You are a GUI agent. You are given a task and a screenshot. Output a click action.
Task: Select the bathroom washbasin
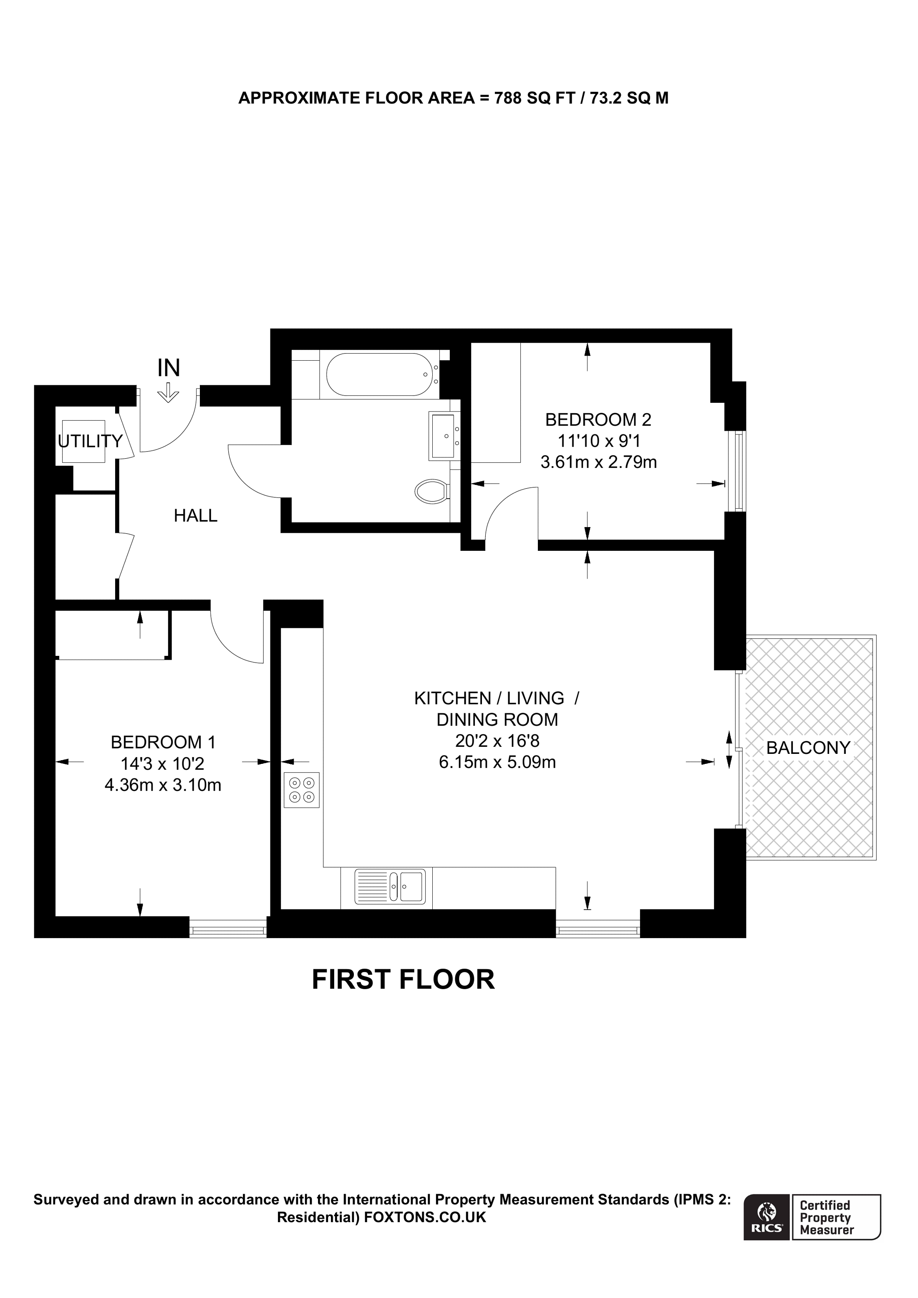coord(444,436)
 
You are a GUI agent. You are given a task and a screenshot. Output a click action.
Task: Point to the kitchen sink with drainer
coord(390,886)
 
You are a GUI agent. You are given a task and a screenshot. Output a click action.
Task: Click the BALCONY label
coord(808,748)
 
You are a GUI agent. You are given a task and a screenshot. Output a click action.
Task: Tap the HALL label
coord(196,516)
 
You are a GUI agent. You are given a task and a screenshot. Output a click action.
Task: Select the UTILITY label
coord(91,441)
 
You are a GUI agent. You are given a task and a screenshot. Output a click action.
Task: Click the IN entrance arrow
coord(168,392)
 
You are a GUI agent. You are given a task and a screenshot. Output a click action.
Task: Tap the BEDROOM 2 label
coord(598,419)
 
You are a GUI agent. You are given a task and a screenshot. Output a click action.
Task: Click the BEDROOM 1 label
coord(164,742)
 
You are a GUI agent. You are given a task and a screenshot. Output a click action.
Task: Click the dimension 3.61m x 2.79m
coord(599,462)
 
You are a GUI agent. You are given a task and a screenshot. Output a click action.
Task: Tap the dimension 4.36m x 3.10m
coord(163,785)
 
